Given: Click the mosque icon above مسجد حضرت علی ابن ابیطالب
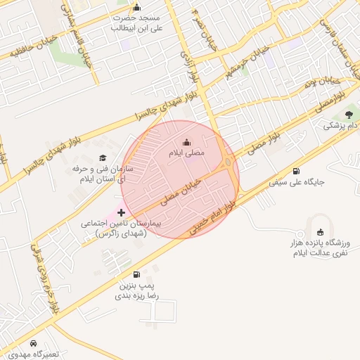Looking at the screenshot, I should (x=136, y=7).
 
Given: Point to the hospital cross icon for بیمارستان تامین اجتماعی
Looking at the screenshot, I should (x=121, y=212).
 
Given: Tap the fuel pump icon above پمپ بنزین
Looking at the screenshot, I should (x=136, y=274).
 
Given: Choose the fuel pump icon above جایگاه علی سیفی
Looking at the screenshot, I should (x=295, y=171).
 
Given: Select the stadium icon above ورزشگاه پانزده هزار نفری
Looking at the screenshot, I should (x=321, y=232).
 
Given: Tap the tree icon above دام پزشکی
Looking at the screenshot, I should (x=349, y=115).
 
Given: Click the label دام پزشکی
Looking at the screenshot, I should (x=341, y=126).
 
